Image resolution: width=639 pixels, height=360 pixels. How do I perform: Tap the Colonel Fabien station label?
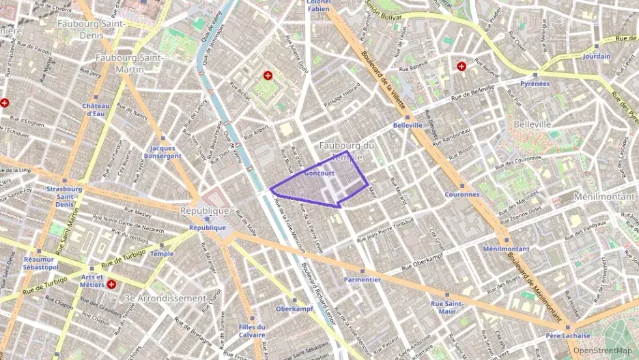[319, 5]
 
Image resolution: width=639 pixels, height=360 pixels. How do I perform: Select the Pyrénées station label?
[535, 83]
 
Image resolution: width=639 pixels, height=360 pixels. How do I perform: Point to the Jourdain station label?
[597, 56]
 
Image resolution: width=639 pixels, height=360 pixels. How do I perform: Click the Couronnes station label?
[461, 194]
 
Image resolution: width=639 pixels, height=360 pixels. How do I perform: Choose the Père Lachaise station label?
[567, 335]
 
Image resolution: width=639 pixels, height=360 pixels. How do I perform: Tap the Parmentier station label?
[362, 279]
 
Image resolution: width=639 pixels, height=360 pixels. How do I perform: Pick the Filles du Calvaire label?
[252, 331]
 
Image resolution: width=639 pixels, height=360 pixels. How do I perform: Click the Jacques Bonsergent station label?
[166, 152]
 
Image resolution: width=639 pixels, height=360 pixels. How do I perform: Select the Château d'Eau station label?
[96, 109]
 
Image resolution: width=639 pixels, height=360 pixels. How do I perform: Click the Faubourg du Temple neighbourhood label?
[347, 151]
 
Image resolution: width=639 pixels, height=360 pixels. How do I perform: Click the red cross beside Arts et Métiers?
[111, 284]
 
